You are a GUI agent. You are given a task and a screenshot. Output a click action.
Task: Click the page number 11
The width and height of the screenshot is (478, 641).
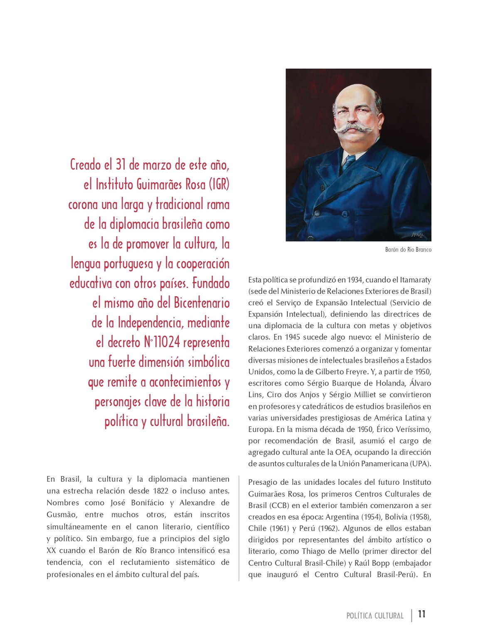coord(422,614)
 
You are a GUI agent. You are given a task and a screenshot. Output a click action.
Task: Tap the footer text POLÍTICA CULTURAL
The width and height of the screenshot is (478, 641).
coord(375,616)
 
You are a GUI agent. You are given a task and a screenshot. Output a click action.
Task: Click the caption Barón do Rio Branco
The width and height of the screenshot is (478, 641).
coord(408,250)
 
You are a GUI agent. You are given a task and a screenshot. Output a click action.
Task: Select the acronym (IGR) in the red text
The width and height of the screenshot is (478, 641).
coord(219,184)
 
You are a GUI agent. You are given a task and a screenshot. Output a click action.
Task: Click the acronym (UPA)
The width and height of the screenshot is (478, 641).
coord(421,464)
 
